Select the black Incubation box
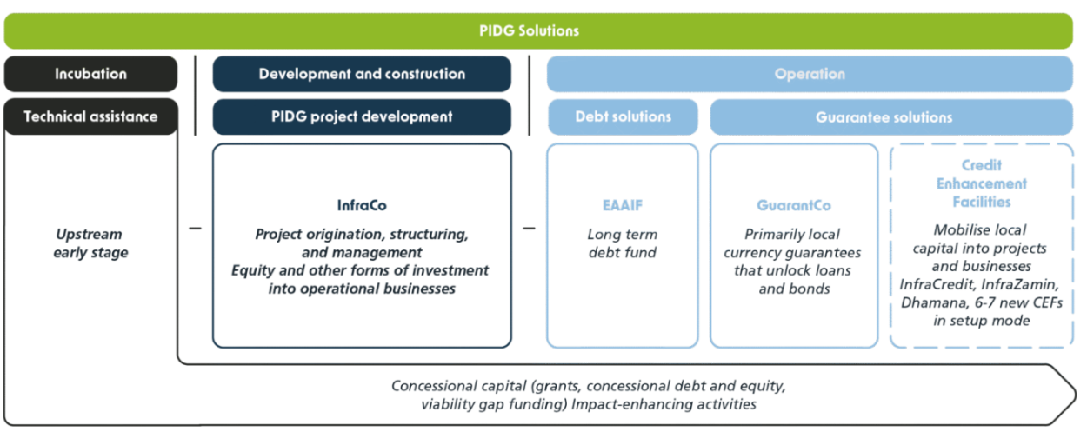[x=90, y=74]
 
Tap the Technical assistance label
[x=90, y=116]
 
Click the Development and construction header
[x=362, y=74]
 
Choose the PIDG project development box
[x=362, y=116]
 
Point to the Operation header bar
[x=809, y=74]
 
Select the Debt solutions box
[x=622, y=116]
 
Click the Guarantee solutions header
[x=890, y=116]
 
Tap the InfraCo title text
[x=362, y=206]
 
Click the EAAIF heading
[x=622, y=207]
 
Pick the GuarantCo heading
[x=794, y=207]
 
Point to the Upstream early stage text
[x=89, y=244]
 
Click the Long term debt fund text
[x=622, y=244]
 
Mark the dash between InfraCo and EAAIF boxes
[x=530, y=229]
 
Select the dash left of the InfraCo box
[x=195, y=229]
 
